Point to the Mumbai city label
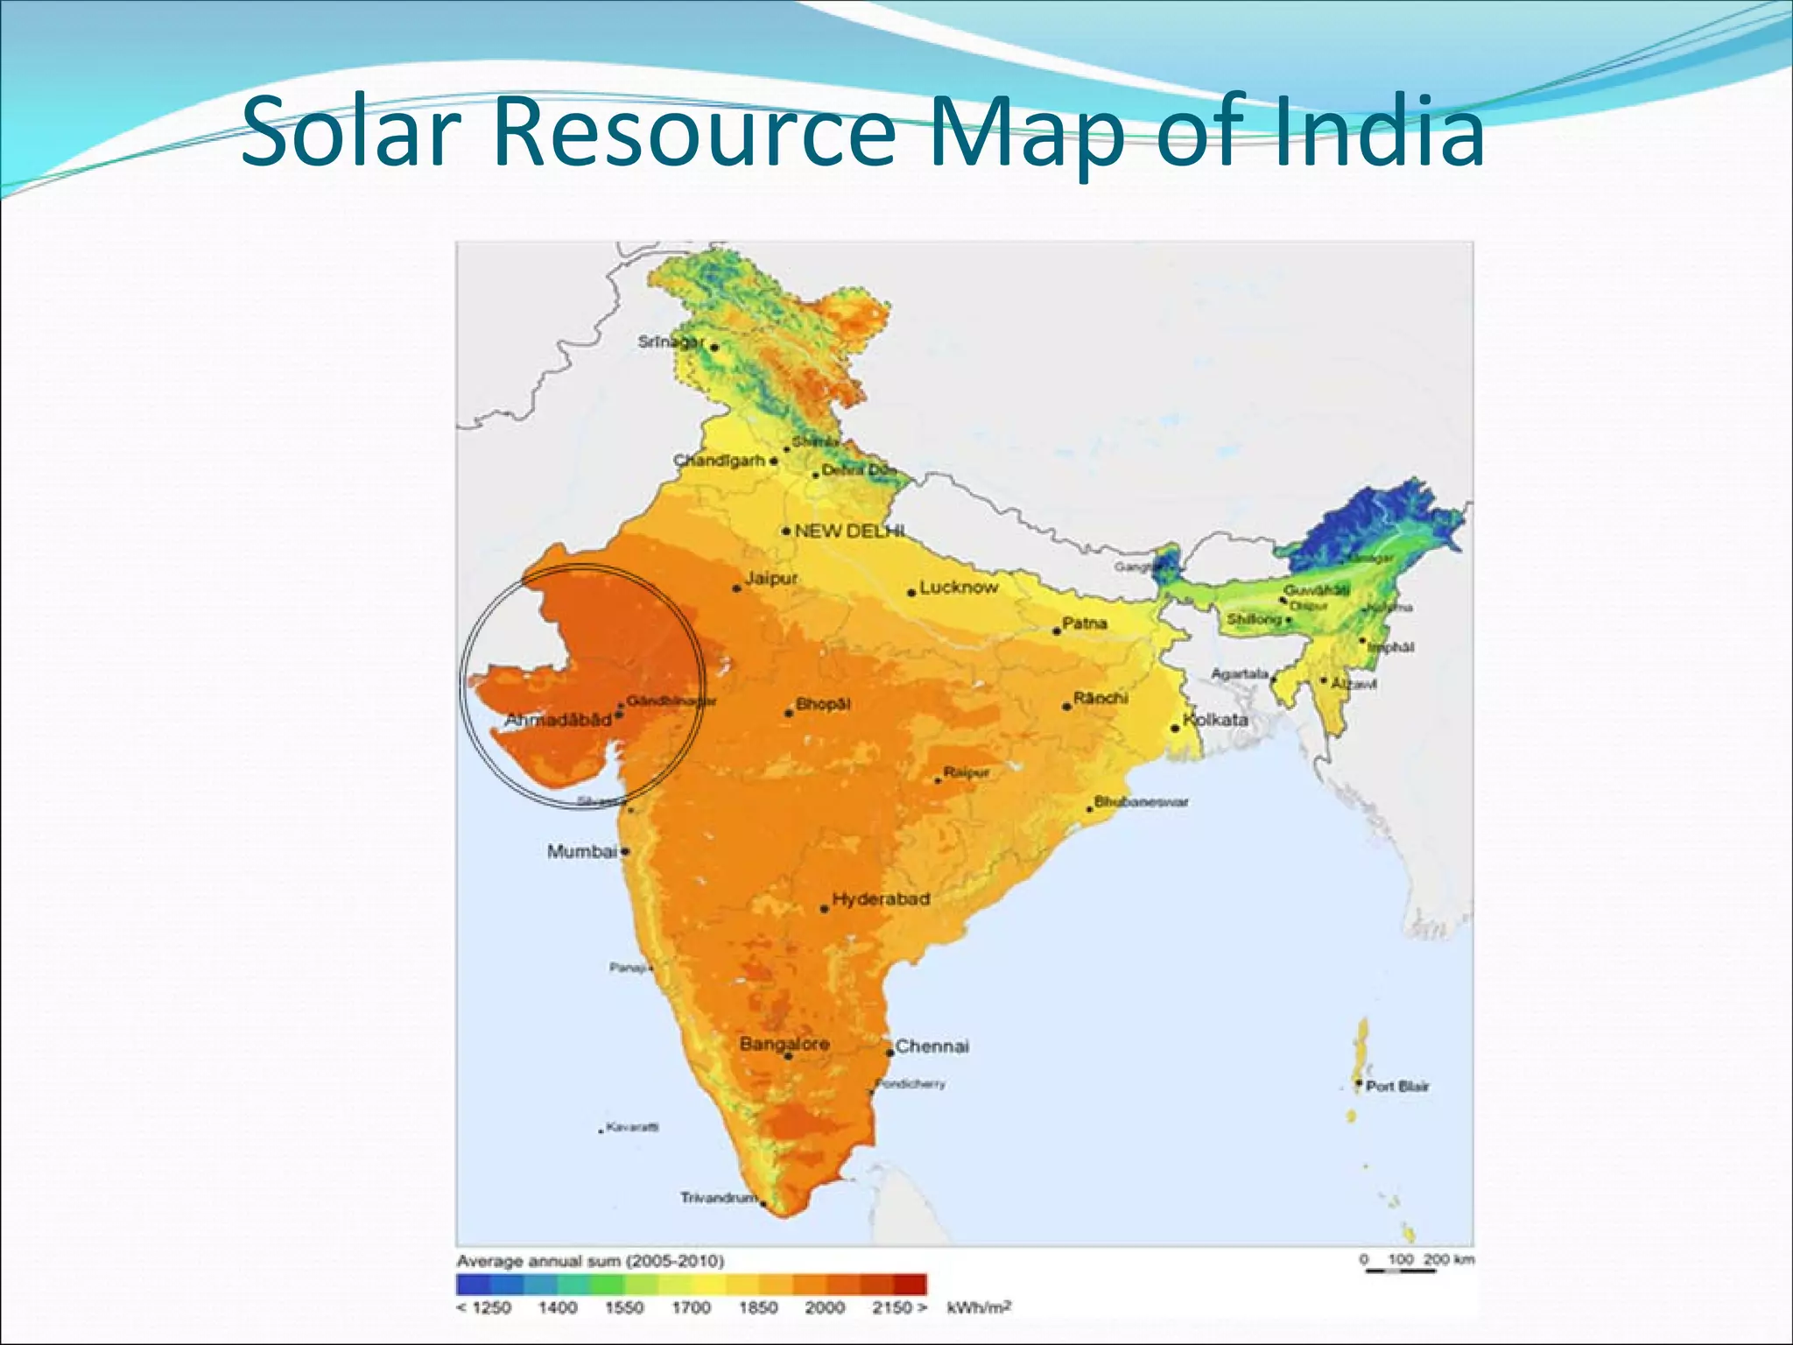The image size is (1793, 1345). [x=581, y=851]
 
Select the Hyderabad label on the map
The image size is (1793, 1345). [x=881, y=899]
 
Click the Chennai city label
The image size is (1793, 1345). [x=932, y=1046]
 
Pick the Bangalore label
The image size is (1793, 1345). [x=784, y=1044]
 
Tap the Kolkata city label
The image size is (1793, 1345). [x=1216, y=720]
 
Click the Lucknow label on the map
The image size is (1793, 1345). [x=959, y=587]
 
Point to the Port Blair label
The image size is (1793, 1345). [x=1397, y=1087]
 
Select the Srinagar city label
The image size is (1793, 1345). [x=671, y=342]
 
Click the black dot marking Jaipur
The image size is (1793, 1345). [x=737, y=588]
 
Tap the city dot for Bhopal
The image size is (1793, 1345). [x=789, y=713]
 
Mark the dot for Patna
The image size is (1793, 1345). [x=1057, y=630]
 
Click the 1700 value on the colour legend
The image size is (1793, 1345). [x=691, y=1308]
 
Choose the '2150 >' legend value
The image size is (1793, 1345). [x=899, y=1308]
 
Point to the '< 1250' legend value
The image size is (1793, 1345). [x=484, y=1308]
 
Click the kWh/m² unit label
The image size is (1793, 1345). [x=979, y=1308]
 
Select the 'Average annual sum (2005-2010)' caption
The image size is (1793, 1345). [x=590, y=1261]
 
